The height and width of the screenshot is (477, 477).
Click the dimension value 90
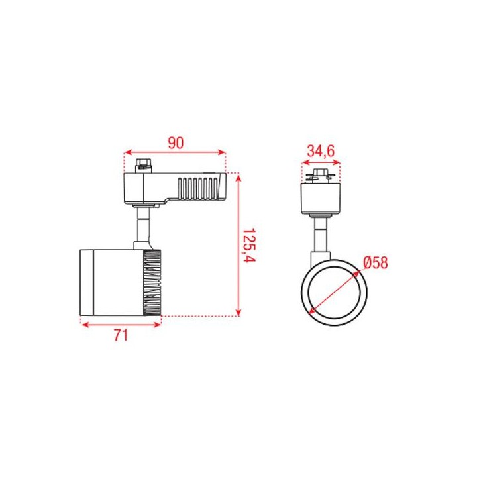click(176, 143)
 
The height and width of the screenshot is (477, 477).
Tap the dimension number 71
click(121, 335)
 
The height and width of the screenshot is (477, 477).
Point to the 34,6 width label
click(321, 151)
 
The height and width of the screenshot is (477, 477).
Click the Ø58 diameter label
click(376, 263)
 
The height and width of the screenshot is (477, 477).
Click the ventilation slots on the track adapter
click(198, 189)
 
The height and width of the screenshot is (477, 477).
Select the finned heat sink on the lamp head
click(152, 282)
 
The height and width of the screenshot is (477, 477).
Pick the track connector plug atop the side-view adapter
click(144, 166)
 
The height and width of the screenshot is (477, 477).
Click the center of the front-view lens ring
click(334, 293)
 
